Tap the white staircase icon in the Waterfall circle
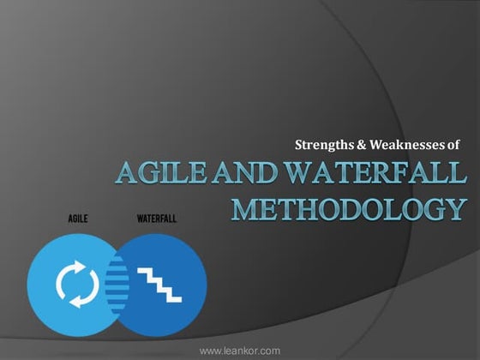tap(162, 280)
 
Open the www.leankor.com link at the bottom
tap(239, 351)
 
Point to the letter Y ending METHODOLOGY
tap(457, 208)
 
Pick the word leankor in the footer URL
tap(241, 351)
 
